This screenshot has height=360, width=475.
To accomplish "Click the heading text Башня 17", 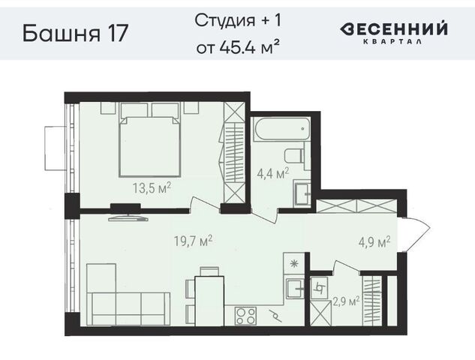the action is point(76,33).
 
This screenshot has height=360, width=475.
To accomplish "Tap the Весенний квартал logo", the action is point(393,32).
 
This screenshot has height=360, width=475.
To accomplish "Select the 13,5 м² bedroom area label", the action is point(152,187).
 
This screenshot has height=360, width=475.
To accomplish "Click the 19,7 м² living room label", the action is point(193,241).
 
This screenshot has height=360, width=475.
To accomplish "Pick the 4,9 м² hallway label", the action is point(374,242).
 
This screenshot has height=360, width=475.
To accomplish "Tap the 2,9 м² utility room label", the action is point(346,301).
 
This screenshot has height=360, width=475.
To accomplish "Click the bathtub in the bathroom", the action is point(282,129).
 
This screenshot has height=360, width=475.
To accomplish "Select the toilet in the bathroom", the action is point(294,156).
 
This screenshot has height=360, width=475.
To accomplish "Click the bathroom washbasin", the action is point(302,193).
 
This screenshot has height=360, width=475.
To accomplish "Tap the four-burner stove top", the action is point(245,316).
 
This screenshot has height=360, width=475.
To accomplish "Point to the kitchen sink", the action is point(295,289).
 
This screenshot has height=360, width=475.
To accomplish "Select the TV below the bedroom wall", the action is point(128,217).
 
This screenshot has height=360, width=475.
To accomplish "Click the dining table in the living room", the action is point(209,301).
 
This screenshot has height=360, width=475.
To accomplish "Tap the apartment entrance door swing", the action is point(415,234).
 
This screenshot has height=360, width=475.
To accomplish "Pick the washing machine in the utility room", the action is point(319,288).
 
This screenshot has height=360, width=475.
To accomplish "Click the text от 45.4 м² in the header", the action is point(237,47).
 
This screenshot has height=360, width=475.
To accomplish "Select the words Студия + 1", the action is point(238,20).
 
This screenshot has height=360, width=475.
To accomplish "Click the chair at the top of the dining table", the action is point(209,271).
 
